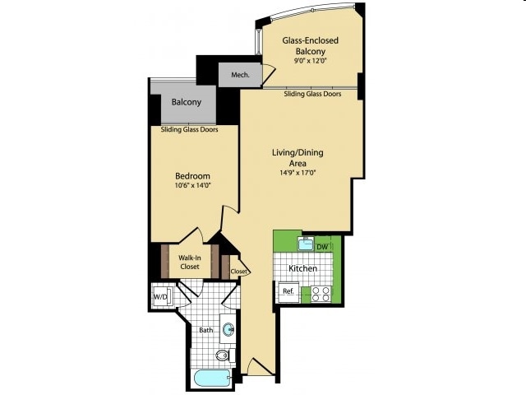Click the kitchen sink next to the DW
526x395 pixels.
pos(304,244)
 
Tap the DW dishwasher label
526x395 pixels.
pos(322,246)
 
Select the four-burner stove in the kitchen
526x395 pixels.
pos(319,294)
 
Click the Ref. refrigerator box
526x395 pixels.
pos(288,291)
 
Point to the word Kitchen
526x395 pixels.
pos(303,269)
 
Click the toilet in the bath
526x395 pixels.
pos(223,355)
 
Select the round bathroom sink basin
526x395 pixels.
pos(228,328)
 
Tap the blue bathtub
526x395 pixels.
pos(210,378)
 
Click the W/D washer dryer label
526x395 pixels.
pos(160,296)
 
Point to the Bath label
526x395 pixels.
pos(205,331)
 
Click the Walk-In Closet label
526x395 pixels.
pos(190,262)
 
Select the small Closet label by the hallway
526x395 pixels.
pos(238,271)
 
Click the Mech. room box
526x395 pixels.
pos(239,74)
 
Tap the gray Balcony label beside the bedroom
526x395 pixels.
pos(187,103)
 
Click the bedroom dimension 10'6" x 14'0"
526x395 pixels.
pos(193,186)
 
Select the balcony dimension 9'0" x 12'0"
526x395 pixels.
pos(311,59)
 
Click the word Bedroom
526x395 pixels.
pos(193,175)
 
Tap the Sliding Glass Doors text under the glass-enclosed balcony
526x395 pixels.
pos(312,94)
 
